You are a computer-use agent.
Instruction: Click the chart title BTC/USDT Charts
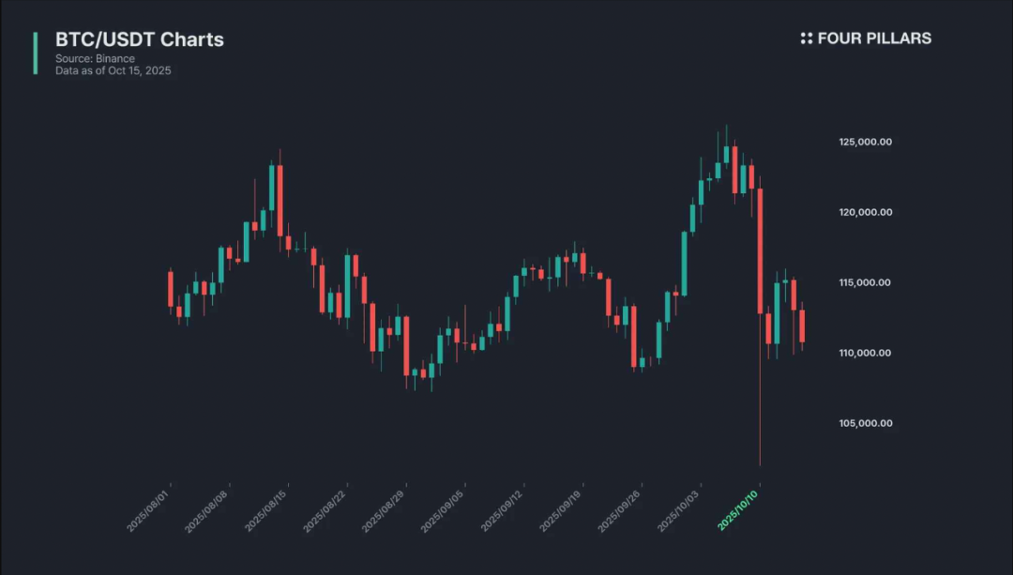click(x=140, y=39)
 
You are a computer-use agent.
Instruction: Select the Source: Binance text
click(x=95, y=59)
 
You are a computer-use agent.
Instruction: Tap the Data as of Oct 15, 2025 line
click(x=113, y=71)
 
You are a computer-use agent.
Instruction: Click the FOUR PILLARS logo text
click(x=866, y=38)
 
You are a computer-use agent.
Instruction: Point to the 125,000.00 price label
click(x=866, y=142)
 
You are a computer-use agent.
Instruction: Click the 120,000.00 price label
click(x=866, y=212)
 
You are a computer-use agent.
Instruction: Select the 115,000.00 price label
click(x=866, y=282)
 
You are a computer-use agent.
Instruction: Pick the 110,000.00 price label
click(x=866, y=353)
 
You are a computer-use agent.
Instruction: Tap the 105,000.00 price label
click(x=866, y=423)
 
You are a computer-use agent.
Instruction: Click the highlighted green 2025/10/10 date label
click(x=738, y=509)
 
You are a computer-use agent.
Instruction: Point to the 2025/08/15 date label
click(x=266, y=509)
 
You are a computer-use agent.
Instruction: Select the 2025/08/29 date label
click(x=385, y=509)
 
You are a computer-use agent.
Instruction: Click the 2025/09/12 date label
click(x=502, y=509)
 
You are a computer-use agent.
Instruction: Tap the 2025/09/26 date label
click(x=620, y=509)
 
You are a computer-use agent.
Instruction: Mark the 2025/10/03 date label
click(x=679, y=509)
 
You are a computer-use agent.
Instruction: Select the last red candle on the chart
click(x=802, y=325)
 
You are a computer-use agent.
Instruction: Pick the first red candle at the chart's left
click(x=171, y=289)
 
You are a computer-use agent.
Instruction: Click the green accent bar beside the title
click(x=36, y=53)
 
